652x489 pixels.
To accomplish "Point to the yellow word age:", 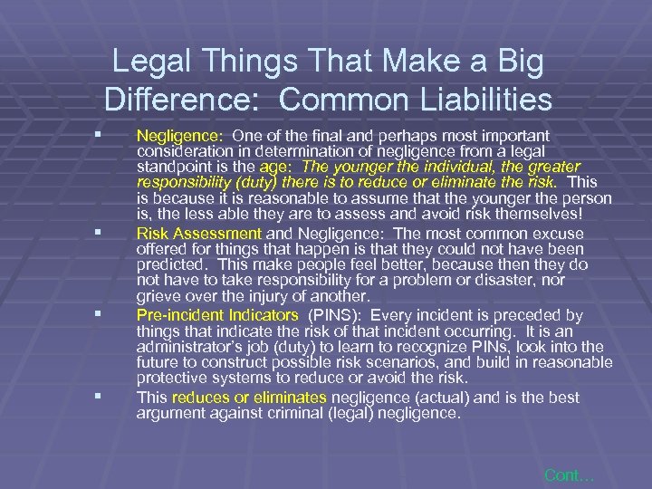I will coord(277,167).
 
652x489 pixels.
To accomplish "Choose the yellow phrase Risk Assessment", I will coord(198,234).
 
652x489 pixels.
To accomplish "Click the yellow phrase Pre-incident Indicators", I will coord(217,315).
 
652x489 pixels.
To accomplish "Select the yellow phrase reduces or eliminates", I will coord(250,398).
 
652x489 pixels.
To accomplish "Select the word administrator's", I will coord(192,347).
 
